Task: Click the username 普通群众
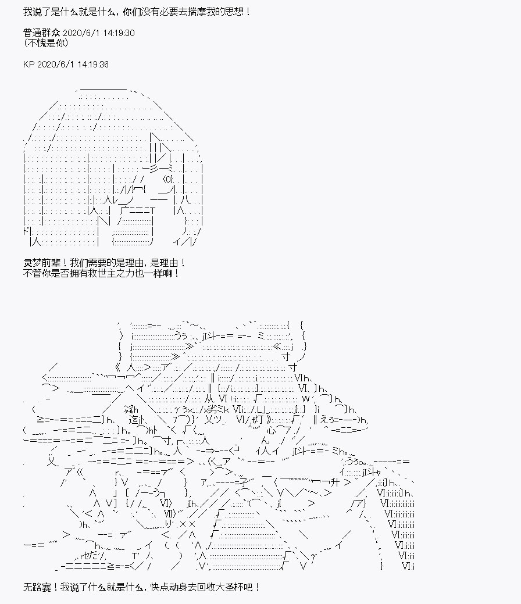[41, 33]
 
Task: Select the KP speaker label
[29, 65]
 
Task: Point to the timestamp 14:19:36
[93, 65]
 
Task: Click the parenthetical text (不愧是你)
[46, 43]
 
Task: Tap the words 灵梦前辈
[42, 263]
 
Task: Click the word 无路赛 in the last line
[37, 588]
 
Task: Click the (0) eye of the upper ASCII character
[169, 178]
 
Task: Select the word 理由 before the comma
[125, 263]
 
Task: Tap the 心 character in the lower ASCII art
[271, 429]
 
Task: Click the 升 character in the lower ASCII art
[336, 482]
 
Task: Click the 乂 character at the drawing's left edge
[52, 461]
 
